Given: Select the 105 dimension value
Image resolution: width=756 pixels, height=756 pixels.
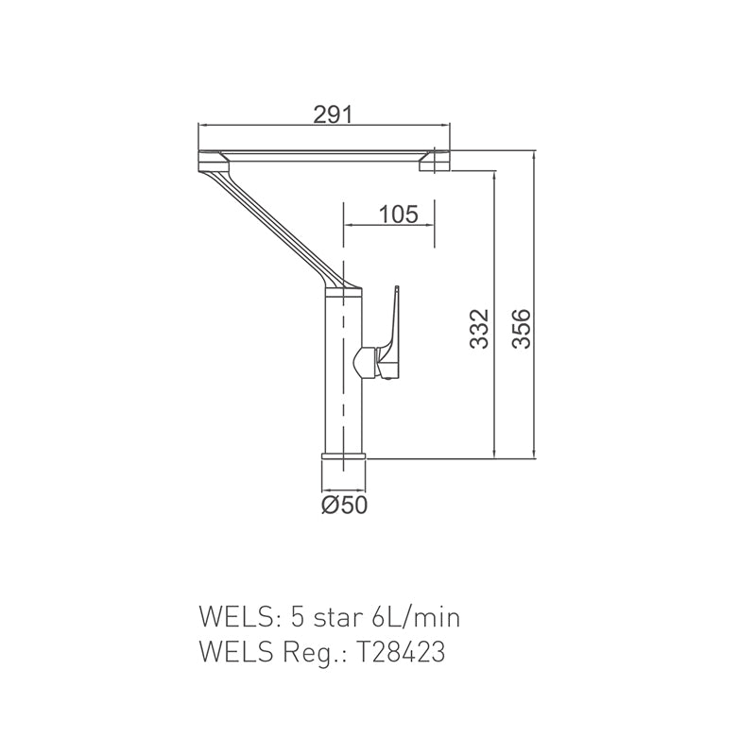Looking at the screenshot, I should [398, 214].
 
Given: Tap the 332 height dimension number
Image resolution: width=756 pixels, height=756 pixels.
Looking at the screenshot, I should [480, 328].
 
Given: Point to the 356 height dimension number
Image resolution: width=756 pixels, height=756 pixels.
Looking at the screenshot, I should [521, 328].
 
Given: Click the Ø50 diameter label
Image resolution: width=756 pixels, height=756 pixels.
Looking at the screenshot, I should [343, 505].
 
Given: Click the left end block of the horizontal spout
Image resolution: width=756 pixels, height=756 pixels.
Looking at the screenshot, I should [210, 160].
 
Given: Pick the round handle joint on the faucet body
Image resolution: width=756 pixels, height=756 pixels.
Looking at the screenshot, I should [364, 360].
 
